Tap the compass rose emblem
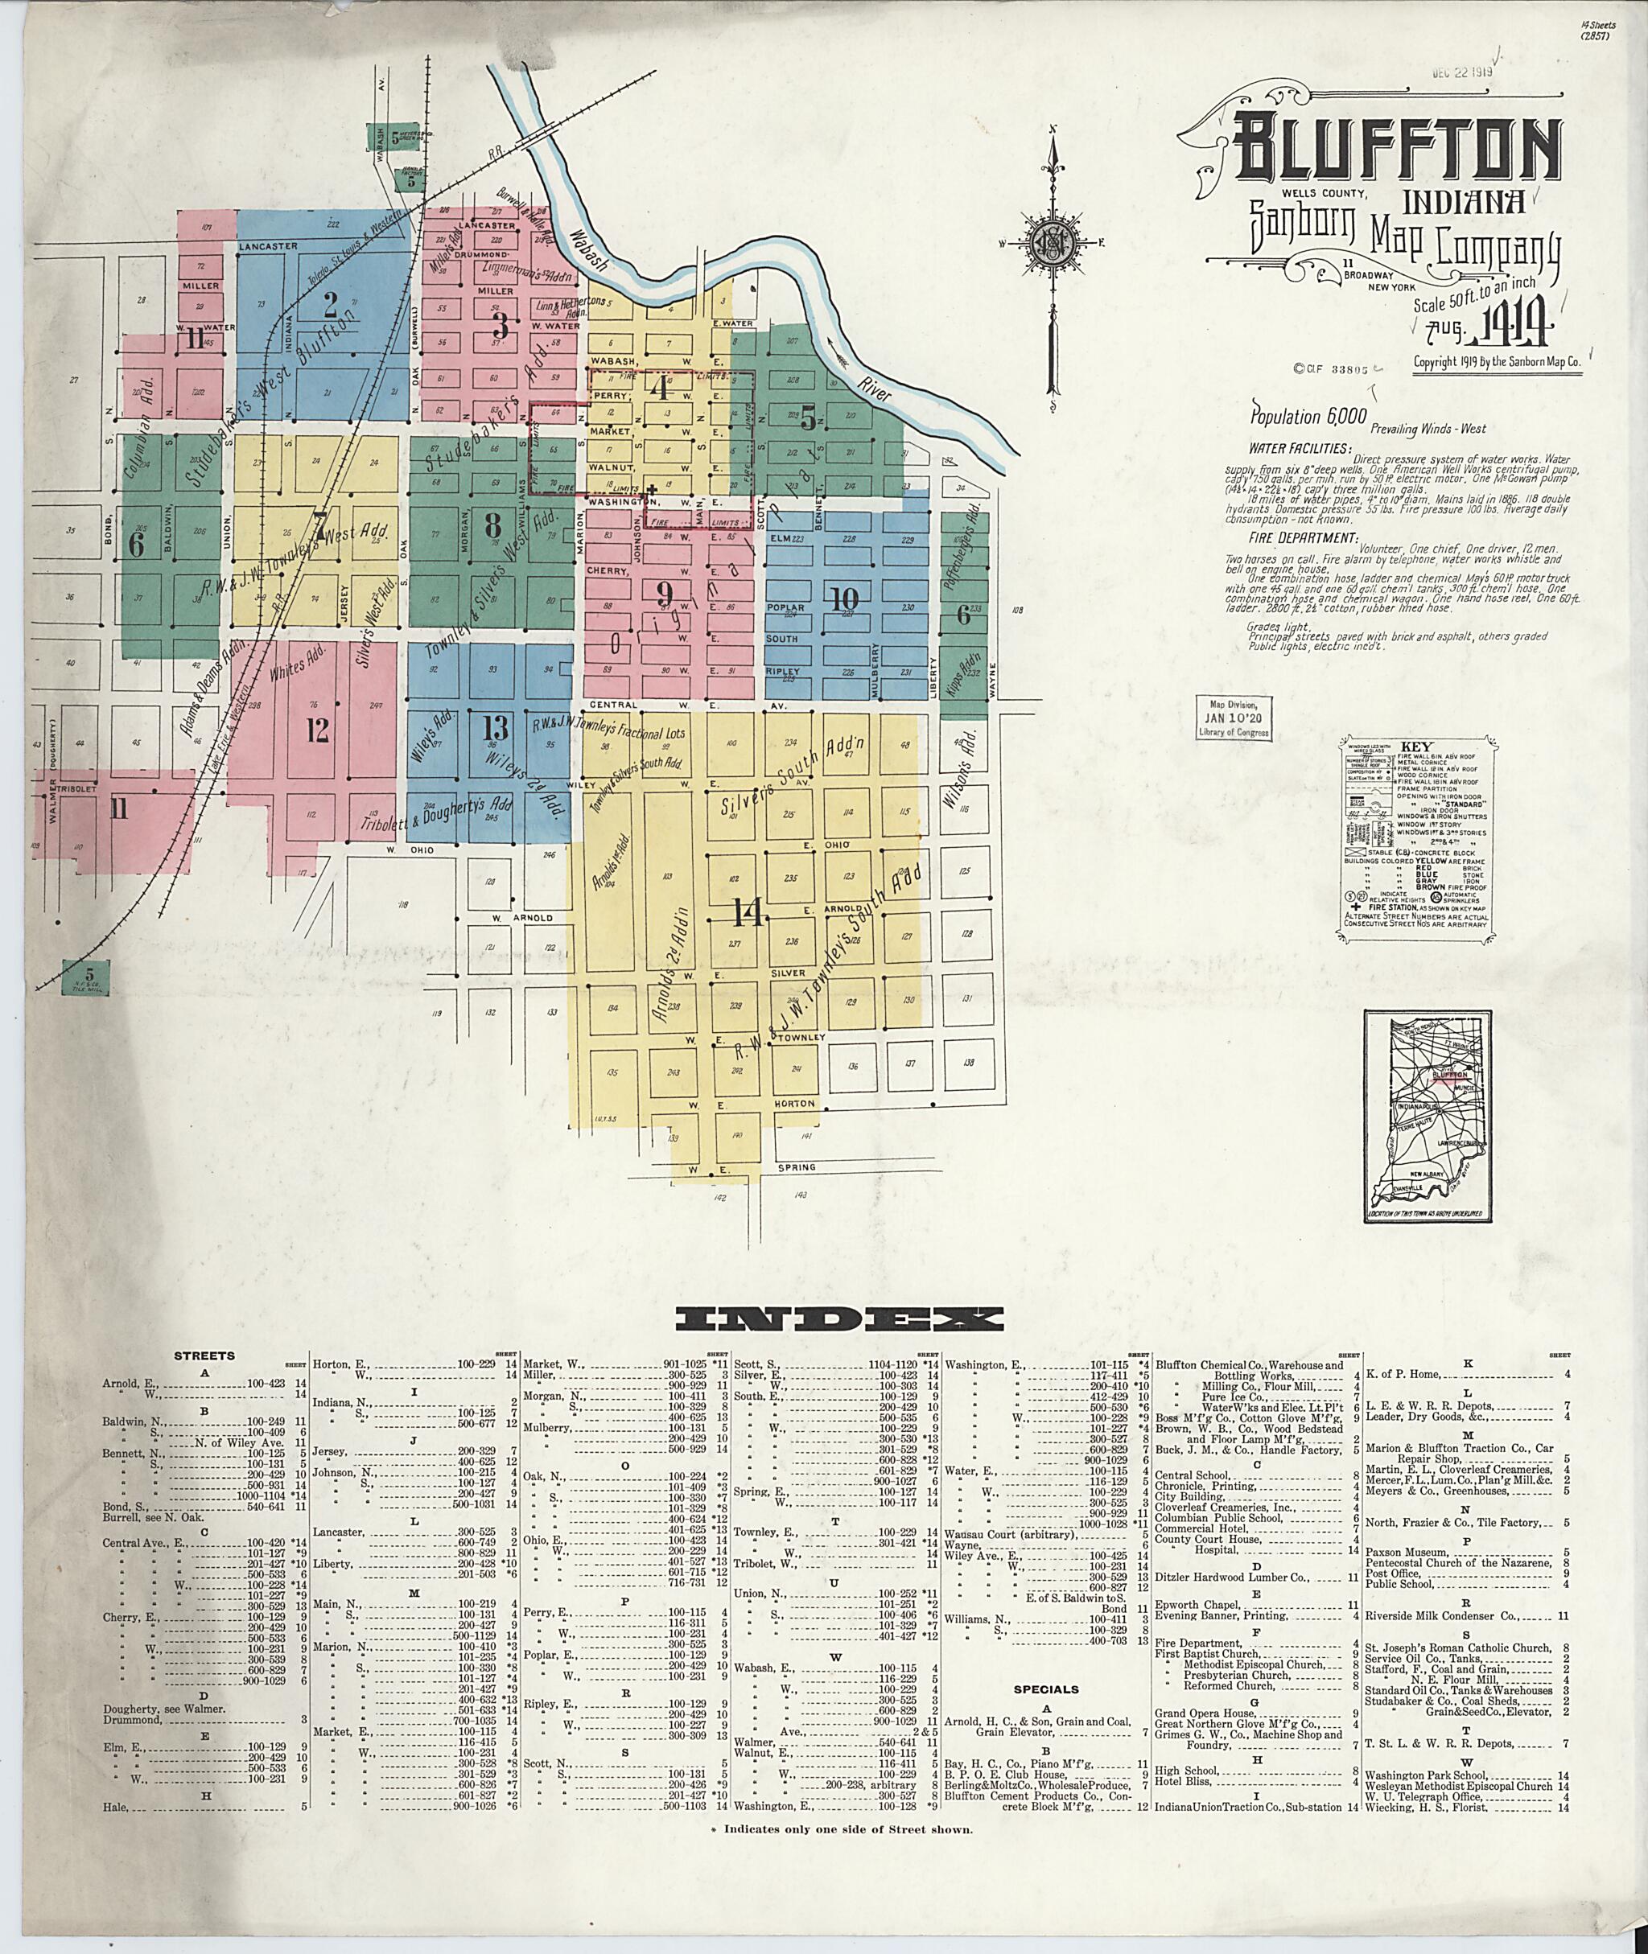tap(1053, 245)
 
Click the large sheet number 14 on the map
tap(748, 911)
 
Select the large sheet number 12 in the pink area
tap(318, 730)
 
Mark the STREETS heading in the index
tap(204, 1355)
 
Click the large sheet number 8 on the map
tap(492, 526)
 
